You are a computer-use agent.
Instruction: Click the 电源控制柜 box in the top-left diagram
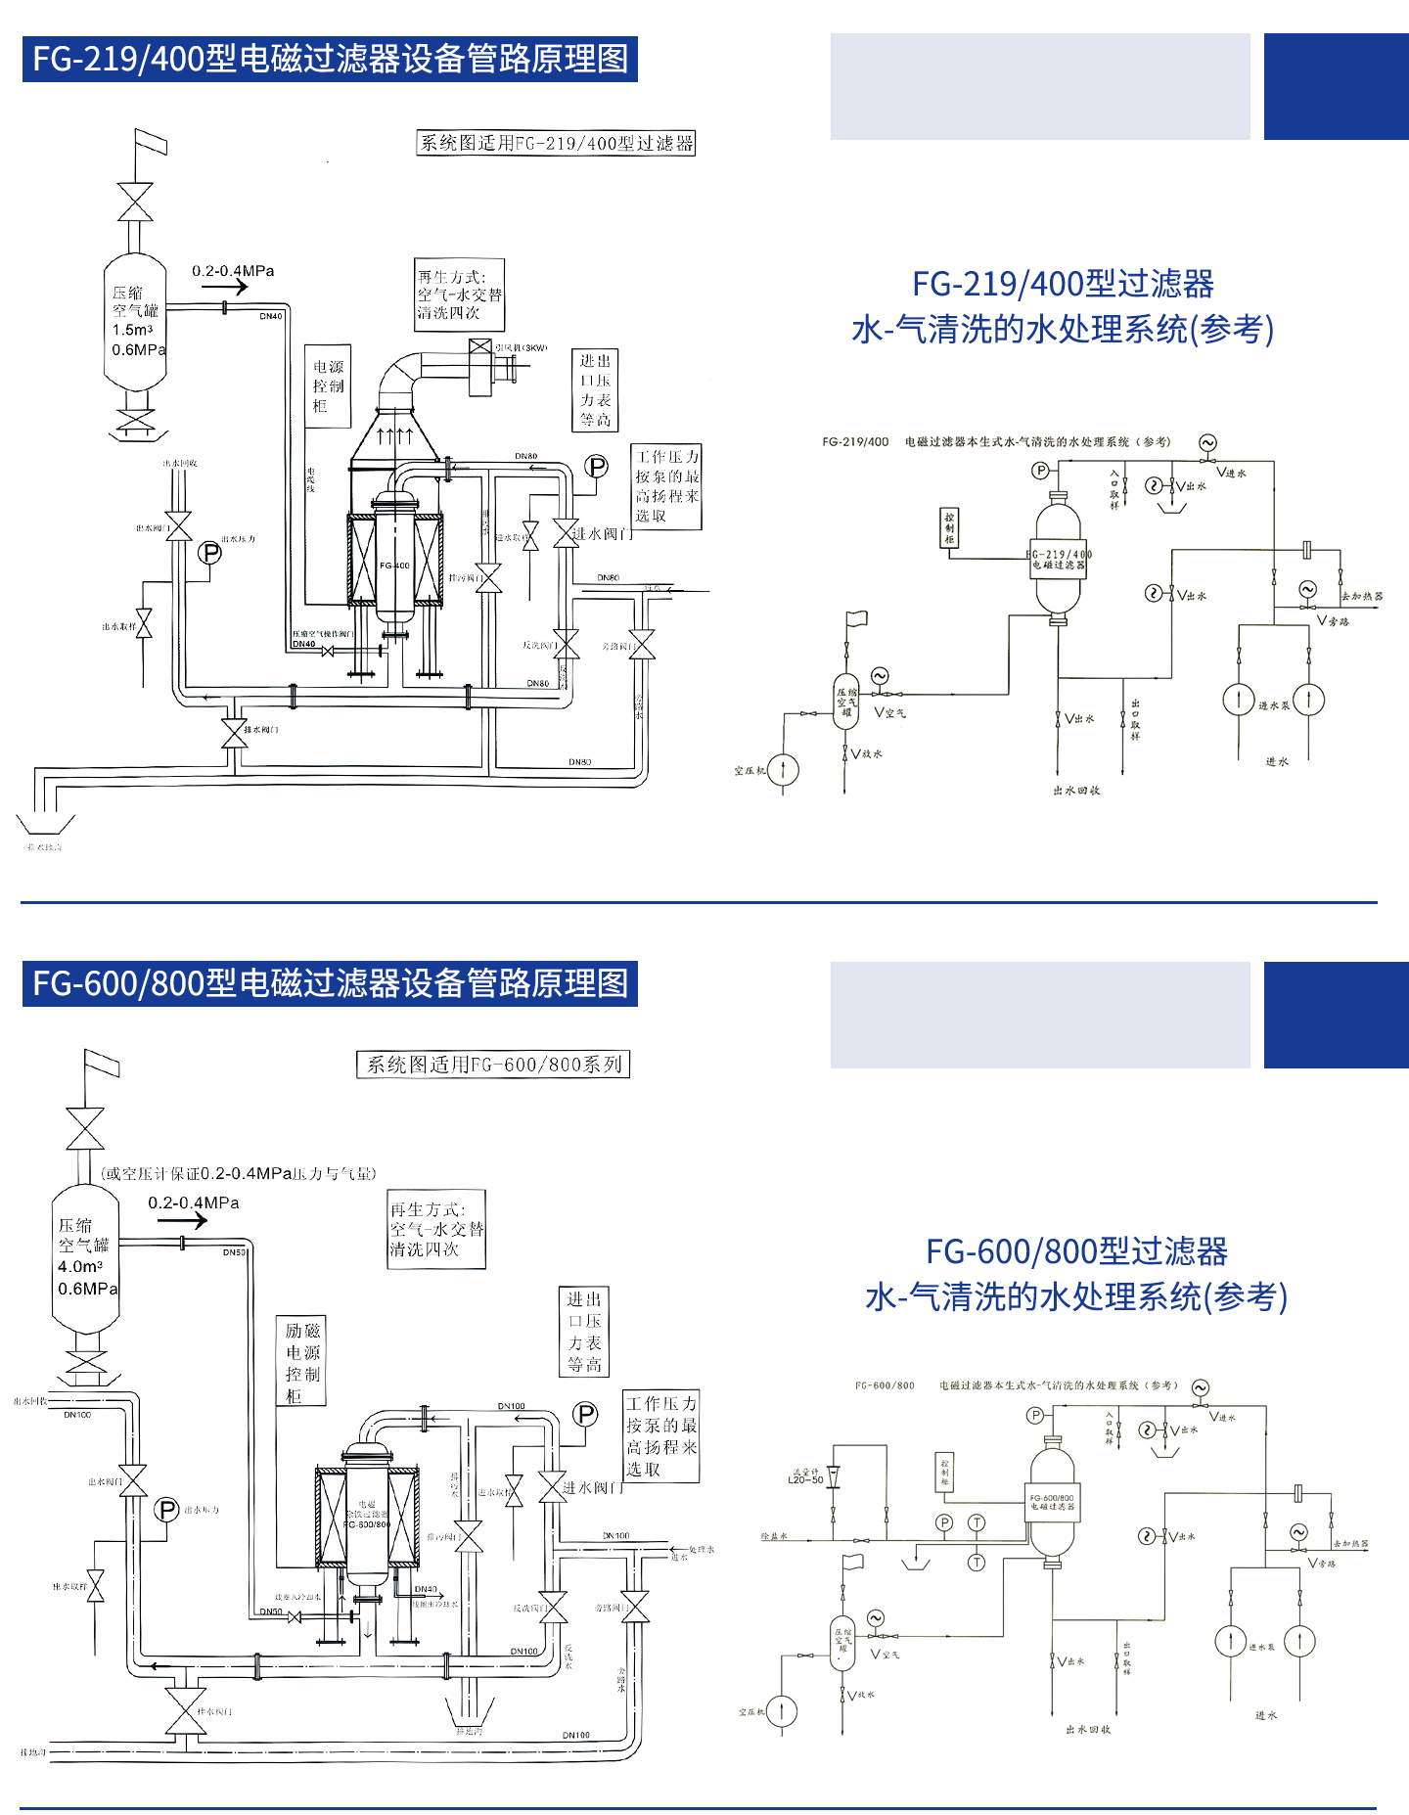328,386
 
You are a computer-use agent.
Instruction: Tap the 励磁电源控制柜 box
301,1362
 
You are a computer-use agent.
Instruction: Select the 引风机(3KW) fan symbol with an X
479,348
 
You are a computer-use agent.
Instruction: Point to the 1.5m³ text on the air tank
132,330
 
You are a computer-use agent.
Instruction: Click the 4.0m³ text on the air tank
80,1266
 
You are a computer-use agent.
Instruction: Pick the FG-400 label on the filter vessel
394,566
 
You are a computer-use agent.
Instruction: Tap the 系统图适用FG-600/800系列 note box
493,1065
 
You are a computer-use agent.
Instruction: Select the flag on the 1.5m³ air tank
151,143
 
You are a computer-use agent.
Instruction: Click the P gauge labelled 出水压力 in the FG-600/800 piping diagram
167,1510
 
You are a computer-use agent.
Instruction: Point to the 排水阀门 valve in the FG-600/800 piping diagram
185,1712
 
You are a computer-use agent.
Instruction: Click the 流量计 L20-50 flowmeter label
805,1476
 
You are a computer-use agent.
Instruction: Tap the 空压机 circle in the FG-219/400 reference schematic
783,769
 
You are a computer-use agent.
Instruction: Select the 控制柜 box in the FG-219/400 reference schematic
949,527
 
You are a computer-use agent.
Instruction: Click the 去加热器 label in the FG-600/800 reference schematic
1350,1543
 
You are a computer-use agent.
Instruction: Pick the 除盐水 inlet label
774,1536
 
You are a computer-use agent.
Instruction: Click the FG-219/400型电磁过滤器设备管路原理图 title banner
330,59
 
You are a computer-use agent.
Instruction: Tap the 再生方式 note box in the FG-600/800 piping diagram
436,1230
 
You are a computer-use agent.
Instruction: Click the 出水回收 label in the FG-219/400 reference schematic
1076,791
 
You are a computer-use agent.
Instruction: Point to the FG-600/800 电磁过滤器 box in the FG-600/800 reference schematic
1053,1502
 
